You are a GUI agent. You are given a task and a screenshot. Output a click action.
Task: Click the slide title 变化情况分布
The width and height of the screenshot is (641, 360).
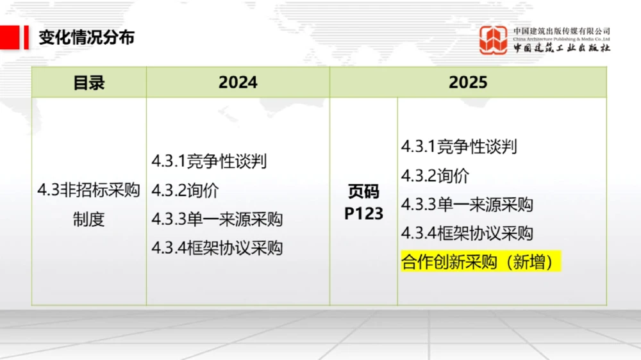point(87,37)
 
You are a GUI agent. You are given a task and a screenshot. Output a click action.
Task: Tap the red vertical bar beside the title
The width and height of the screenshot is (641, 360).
point(26,37)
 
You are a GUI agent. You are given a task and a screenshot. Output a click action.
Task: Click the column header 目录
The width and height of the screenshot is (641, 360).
point(89,83)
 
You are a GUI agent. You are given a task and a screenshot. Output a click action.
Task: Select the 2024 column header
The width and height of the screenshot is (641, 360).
point(238,83)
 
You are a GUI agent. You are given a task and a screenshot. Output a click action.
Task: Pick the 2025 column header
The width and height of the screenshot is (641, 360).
point(468,83)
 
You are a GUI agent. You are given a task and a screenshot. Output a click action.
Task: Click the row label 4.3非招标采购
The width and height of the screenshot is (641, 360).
point(88,190)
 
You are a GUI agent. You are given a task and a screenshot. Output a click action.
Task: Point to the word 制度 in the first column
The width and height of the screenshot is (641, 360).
point(88,219)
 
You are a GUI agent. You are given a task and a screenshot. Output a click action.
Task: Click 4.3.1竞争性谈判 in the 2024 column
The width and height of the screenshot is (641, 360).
point(209,161)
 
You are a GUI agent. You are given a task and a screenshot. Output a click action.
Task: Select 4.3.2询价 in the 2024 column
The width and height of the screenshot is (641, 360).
point(186,190)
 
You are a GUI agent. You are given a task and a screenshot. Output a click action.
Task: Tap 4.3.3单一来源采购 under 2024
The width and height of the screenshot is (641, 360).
point(217,219)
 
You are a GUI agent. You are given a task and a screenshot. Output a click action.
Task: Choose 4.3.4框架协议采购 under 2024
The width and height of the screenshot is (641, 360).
point(217,248)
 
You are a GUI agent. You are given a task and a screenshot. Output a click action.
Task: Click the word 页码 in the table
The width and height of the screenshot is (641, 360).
point(363,191)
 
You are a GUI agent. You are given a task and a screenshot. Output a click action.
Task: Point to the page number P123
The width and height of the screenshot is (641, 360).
point(363,213)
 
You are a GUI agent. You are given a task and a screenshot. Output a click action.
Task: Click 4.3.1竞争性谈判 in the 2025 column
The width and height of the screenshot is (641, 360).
point(459,147)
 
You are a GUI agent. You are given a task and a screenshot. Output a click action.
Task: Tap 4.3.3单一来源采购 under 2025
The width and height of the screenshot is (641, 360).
point(467,204)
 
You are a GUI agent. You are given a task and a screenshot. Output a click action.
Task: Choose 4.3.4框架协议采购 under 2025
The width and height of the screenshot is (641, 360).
point(467,233)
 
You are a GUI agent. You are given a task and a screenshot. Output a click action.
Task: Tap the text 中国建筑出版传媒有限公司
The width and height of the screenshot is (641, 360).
point(562,31)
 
